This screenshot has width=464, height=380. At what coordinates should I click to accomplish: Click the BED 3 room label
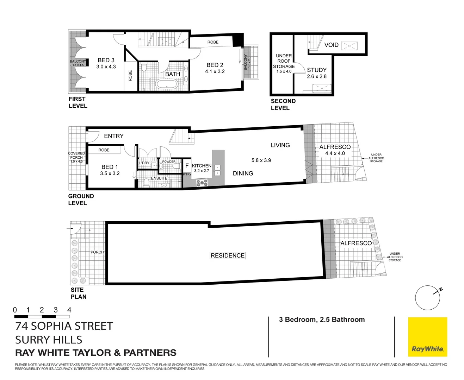pyautogui.click(x=106, y=60)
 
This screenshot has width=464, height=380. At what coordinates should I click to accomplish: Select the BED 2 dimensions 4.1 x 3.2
pyautogui.click(x=215, y=71)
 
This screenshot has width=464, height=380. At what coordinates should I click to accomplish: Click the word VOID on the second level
pyautogui.click(x=331, y=45)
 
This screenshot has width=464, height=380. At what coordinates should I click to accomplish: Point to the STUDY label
pyautogui.click(x=316, y=70)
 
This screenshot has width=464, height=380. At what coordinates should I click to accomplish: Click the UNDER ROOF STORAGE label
pyautogui.click(x=284, y=61)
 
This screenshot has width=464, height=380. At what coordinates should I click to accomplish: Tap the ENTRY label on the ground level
pyautogui.click(x=113, y=136)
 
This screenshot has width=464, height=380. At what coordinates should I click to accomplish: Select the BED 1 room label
pyautogui.click(x=110, y=167)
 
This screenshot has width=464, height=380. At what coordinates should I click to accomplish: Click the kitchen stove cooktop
pyautogui.click(x=202, y=183)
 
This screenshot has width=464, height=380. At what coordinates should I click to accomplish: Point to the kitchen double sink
pyautogui.click(x=217, y=170)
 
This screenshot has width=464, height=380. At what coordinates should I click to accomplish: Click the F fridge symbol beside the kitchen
pyautogui.click(x=187, y=166)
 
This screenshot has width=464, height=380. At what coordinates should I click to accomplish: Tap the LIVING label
pyautogui.click(x=280, y=145)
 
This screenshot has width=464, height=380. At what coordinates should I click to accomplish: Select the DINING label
pyautogui.click(x=243, y=173)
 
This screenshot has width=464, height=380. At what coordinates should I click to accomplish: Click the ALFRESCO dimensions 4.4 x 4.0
pyautogui.click(x=335, y=153)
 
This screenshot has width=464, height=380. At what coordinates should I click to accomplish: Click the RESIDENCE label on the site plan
pyautogui.click(x=228, y=255)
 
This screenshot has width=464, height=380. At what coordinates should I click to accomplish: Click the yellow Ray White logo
pyautogui.click(x=427, y=337)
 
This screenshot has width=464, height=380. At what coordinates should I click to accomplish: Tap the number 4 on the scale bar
pyautogui.click(x=69, y=310)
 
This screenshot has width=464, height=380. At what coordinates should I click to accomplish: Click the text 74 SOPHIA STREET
pyautogui.click(x=64, y=326)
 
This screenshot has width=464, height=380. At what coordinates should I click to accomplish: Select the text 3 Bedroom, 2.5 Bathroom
pyautogui.click(x=322, y=319)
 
